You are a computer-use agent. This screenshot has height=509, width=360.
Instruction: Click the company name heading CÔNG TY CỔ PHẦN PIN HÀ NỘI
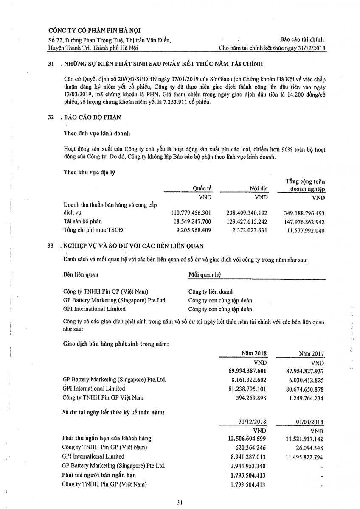click(x=94, y=30)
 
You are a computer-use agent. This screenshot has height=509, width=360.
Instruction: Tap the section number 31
click(x=51, y=64)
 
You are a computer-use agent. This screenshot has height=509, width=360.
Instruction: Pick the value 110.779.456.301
click(x=191, y=213)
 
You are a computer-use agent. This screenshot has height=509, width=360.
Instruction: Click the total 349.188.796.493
click(x=304, y=213)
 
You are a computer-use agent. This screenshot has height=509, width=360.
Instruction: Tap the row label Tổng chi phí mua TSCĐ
click(x=90, y=230)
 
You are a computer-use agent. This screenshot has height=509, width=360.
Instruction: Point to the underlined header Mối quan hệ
click(x=205, y=275)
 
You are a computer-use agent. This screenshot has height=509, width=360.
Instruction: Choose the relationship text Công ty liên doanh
click(x=211, y=292)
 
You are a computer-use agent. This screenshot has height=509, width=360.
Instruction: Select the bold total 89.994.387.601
click(x=247, y=371)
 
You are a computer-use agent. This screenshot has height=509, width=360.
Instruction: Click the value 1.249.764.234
click(x=304, y=397)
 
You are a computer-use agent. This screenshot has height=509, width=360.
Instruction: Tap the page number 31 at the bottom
click(x=180, y=503)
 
